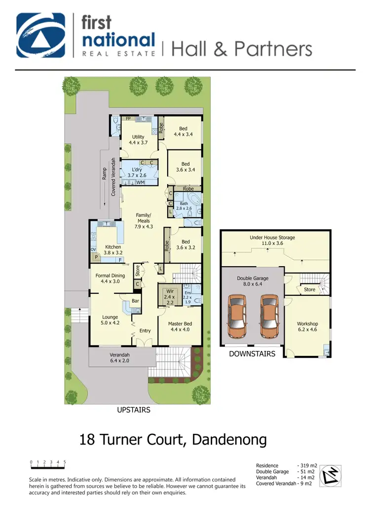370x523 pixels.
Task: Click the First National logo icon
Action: pos(41,35)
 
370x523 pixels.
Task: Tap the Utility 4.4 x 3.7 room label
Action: pos(138,140)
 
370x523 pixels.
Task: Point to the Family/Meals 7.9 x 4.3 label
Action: pos(144,221)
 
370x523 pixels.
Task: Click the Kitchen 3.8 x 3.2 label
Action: pos(113,250)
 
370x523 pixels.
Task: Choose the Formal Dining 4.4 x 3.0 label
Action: pos(110,279)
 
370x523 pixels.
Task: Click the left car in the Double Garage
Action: pos(238,317)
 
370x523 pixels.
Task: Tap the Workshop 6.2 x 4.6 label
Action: pos(307,327)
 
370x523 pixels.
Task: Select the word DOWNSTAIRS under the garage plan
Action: pos(252,353)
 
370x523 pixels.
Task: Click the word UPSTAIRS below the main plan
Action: pos(134,410)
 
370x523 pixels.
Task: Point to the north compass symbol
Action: pos(331,476)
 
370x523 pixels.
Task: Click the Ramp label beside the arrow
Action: pos(105,173)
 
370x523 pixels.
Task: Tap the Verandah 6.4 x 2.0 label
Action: pos(120,357)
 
